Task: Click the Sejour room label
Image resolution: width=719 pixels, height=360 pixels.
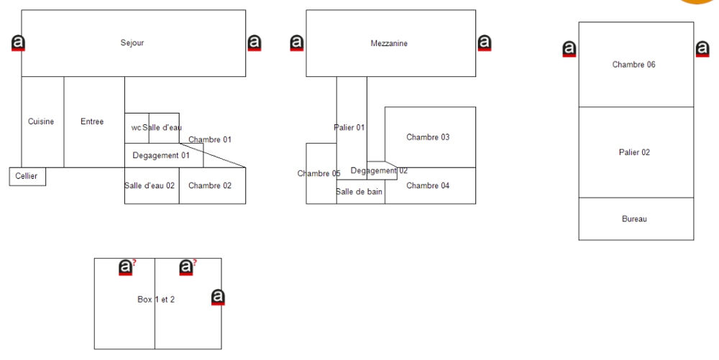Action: click(x=132, y=43)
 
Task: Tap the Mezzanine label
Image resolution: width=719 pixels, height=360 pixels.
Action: click(x=389, y=43)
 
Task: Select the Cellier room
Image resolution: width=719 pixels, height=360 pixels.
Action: click(x=27, y=176)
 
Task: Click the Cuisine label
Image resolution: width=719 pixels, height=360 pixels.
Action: click(x=41, y=121)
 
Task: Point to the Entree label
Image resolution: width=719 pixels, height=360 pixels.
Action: click(x=92, y=121)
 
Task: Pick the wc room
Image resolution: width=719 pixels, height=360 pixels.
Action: click(x=136, y=128)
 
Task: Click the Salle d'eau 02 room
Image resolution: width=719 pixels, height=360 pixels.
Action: click(x=150, y=185)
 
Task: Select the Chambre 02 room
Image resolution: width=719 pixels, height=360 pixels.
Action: click(x=210, y=185)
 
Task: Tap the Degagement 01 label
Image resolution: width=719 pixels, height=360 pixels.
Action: click(x=161, y=155)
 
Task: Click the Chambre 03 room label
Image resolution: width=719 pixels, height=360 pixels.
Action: click(x=428, y=137)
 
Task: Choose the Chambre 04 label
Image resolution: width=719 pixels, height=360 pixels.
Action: click(x=428, y=185)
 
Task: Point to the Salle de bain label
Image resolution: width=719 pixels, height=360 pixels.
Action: click(x=359, y=192)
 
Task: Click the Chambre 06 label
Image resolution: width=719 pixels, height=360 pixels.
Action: click(x=633, y=65)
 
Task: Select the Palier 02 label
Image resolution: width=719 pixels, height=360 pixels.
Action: click(x=634, y=152)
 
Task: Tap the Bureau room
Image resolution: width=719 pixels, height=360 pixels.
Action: click(x=634, y=218)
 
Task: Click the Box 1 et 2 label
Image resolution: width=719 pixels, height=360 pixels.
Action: click(x=156, y=299)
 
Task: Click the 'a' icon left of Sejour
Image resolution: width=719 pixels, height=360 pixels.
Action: click(x=19, y=43)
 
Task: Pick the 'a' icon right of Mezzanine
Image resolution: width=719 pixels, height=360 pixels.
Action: click(x=485, y=43)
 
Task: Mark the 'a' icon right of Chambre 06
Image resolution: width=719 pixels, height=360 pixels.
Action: click(x=702, y=49)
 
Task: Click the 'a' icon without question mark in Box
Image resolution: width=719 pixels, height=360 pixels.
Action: click(x=219, y=297)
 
